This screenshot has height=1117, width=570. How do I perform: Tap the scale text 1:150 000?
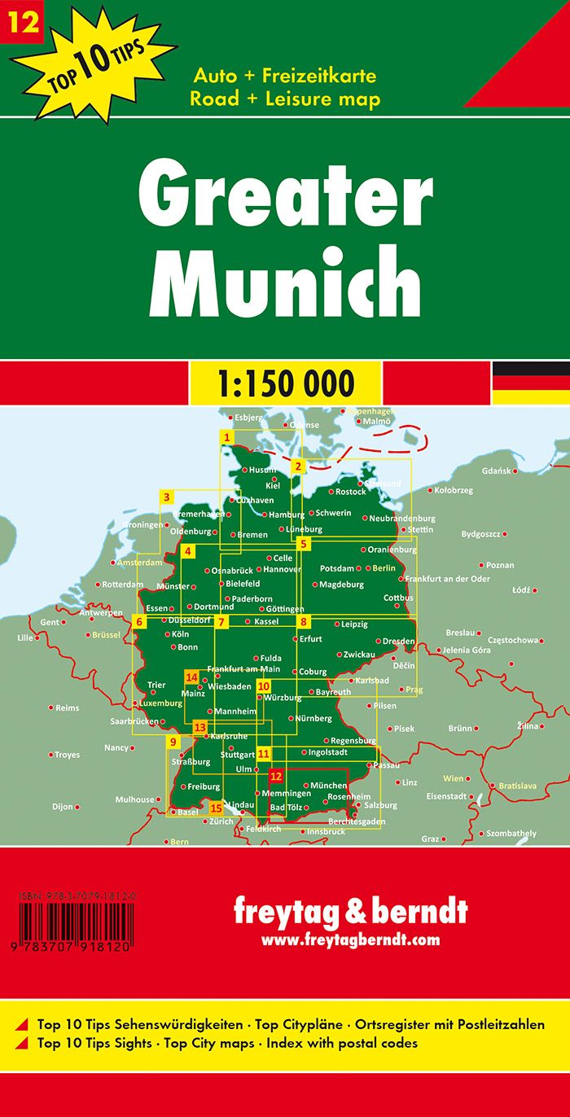pos(284,382)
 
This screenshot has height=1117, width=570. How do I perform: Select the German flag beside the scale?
pos(530,382)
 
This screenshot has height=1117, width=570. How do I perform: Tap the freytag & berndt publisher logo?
pos(351,911)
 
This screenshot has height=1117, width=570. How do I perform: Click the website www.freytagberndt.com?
pos(351,940)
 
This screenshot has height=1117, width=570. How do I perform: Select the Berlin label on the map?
pos(384,568)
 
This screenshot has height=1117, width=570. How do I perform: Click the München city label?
pos(329,785)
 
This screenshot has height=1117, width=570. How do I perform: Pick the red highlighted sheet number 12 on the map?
pos(276,776)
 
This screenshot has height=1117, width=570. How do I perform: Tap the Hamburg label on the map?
pos(286,515)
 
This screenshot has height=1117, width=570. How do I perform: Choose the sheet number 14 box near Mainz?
pos(192,677)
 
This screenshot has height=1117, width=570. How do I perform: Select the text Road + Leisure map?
pos(285,99)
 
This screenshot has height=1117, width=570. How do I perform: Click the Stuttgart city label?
pos(238,755)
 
